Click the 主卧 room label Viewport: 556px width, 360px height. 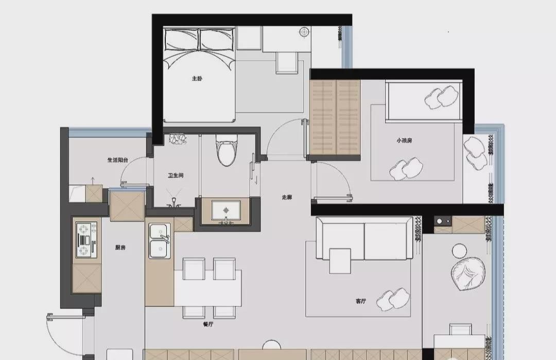pyautogui.click(x=197, y=78)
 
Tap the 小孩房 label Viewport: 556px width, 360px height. pyautogui.click(x=404, y=141)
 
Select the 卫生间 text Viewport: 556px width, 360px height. pyautogui.click(x=176, y=175)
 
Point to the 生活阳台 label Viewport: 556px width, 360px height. pyautogui.click(x=118, y=160)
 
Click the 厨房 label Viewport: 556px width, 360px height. pyautogui.click(x=120, y=248)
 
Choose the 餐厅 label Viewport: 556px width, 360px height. pyautogui.click(x=208, y=324)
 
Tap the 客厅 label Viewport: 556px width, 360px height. pyautogui.click(x=360, y=301)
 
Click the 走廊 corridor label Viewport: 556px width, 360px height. pyautogui.click(x=287, y=197)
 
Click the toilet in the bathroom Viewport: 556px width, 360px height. pyautogui.click(x=227, y=151)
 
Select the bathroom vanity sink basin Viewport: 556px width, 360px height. pyautogui.click(x=226, y=210)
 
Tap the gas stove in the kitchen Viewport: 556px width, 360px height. pyautogui.click(x=86, y=239)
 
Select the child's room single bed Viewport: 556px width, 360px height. pyautogui.click(x=423, y=101)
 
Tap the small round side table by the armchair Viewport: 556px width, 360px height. pyautogui.click(x=460, y=250)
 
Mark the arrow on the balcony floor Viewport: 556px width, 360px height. pyautogui.click(x=93, y=181)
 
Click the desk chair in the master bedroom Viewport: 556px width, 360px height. pyautogui.click(x=287, y=63)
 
